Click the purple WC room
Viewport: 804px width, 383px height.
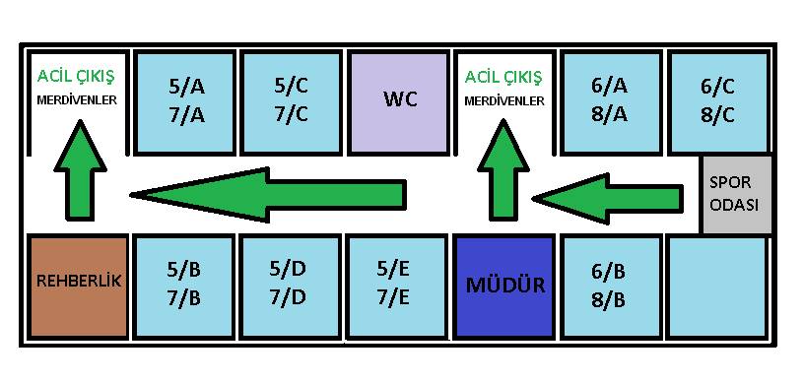pyautogui.click(x=398, y=103)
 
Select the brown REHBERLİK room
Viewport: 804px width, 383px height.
pyautogui.click(x=78, y=287)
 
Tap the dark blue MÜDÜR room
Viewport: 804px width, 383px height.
pyautogui.click(x=505, y=287)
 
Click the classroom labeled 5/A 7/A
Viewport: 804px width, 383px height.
pyautogui.click(x=185, y=103)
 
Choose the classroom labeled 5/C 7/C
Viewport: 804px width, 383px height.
pyautogui.click(x=292, y=103)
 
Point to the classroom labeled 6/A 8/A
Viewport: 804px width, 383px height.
pyautogui.click(x=610, y=103)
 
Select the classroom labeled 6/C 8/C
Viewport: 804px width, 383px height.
pyautogui.click(x=719, y=103)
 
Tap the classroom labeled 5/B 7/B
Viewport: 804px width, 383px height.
pyautogui.click(x=184, y=287)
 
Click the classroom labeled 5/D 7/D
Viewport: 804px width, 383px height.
pyautogui.click(x=291, y=287)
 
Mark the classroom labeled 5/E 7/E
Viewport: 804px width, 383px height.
pyautogui.click(x=397, y=287)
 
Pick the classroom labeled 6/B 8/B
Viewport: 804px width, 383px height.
pyautogui.click(x=610, y=287)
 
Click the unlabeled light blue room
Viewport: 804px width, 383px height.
pyautogui.click(x=719, y=287)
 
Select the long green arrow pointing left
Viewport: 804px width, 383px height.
pyautogui.click(x=268, y=195)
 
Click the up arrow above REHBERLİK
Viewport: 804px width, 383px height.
pyautogui.click(x=80, y=170)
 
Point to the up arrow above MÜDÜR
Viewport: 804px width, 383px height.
pyautogui.click(x=503, y=170)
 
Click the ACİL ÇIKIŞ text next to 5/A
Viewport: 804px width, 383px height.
pyautogui.click(x=77, y=77)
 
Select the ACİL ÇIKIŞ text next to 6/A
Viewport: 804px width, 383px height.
pyautogui.click(x=503, y=78)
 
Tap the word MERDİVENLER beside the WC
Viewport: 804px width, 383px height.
pyautogui.click(x=504, y=101)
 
